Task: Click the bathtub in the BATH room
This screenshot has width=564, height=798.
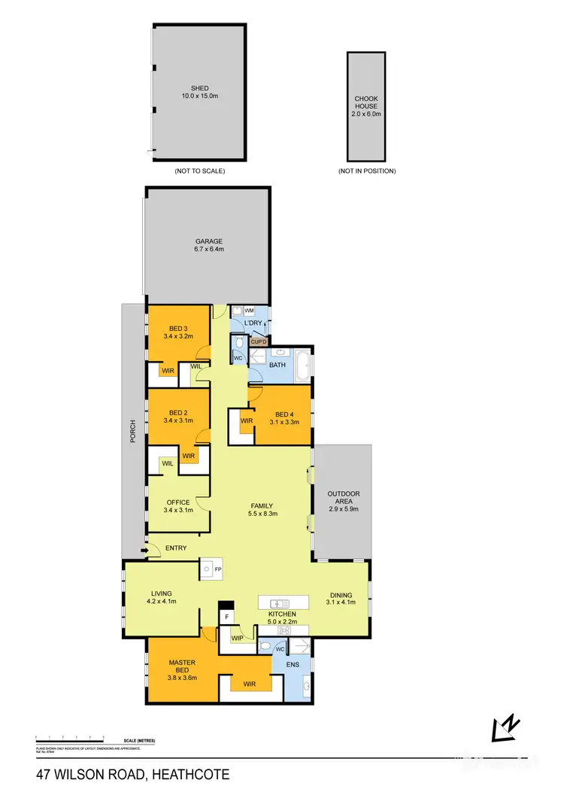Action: tap(302, 365)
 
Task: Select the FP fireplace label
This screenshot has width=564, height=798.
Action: tap(218, 571)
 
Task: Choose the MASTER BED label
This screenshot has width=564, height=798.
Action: tap(182, 667)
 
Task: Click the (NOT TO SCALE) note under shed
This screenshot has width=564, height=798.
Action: tap(199, 171)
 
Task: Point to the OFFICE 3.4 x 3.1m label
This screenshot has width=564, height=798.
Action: tap(178, 506)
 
